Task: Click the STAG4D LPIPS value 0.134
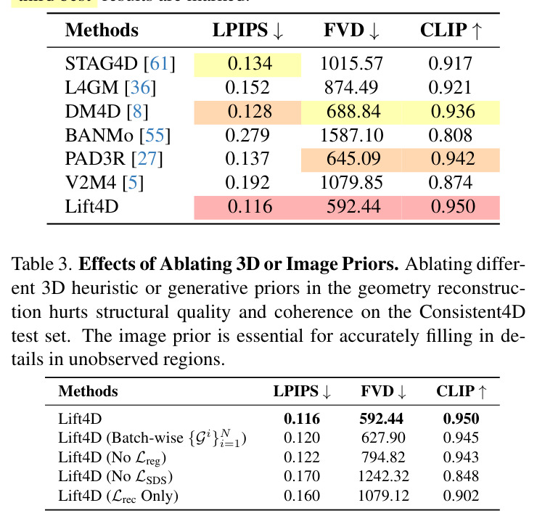[x=250, y=64]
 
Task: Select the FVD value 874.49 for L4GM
[x=351, y=87]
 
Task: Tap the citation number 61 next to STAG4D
[x=159, y=64]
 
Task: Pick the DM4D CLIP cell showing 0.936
[x=453, y=112]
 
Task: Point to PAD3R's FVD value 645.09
[x=353, y=159]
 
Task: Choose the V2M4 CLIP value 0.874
[x=451, y=183]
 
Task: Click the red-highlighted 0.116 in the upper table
[x=250, y=207]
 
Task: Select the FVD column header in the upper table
[x=351, y=30]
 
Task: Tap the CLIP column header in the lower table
[x=461, y=391]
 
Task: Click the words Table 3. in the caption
[x=42, y=264]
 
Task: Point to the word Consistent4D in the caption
[x=472, y=311]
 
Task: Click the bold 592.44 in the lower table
[x=381, y=419]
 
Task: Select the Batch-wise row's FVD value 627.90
[x=383, y=438]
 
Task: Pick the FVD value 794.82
[x=383, y=457]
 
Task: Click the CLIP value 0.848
[x=461, y=476]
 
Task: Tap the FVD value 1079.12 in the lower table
[x=383, y=496]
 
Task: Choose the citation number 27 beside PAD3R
[x=147, y=159]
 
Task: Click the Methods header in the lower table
[x=88, y=391]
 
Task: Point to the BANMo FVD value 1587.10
[x=351, y=135]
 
